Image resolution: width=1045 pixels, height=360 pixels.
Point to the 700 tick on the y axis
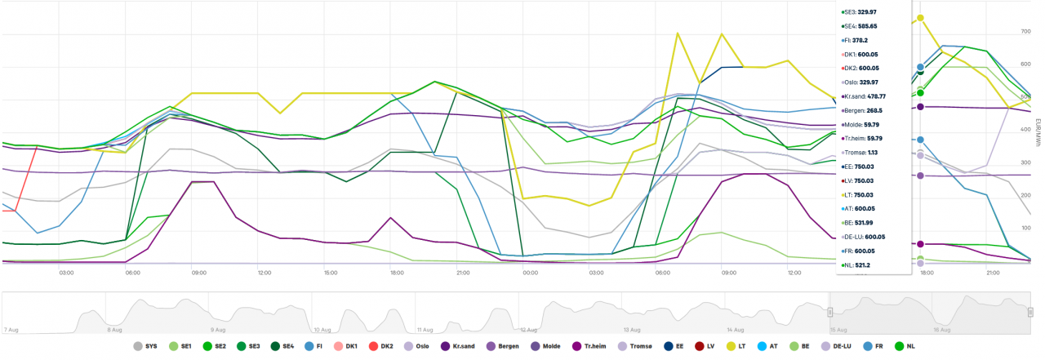(1025, 32)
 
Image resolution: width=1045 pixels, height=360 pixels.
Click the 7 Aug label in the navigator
(11, 330)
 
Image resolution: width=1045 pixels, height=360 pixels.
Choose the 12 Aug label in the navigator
(527, 330)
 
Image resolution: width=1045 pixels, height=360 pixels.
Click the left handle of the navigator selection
(830, 312)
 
